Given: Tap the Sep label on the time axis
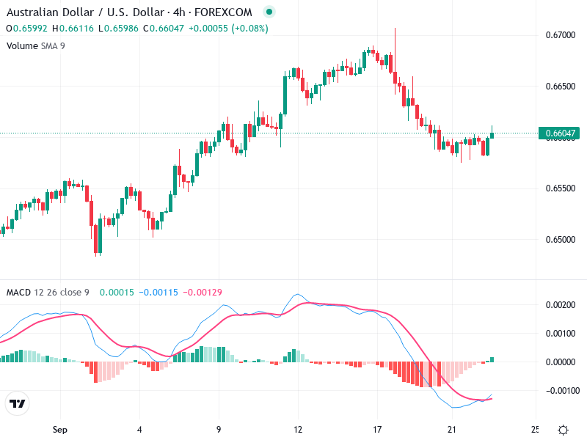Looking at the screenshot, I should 60,429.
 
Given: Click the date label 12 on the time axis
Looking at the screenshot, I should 298,429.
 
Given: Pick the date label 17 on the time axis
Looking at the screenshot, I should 377,429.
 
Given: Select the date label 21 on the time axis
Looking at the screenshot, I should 456,429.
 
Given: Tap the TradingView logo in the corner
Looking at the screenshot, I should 18,404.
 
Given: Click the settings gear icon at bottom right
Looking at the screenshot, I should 563,430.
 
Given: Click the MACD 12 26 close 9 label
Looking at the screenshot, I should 47,292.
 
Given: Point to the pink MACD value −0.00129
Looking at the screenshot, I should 200,292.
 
